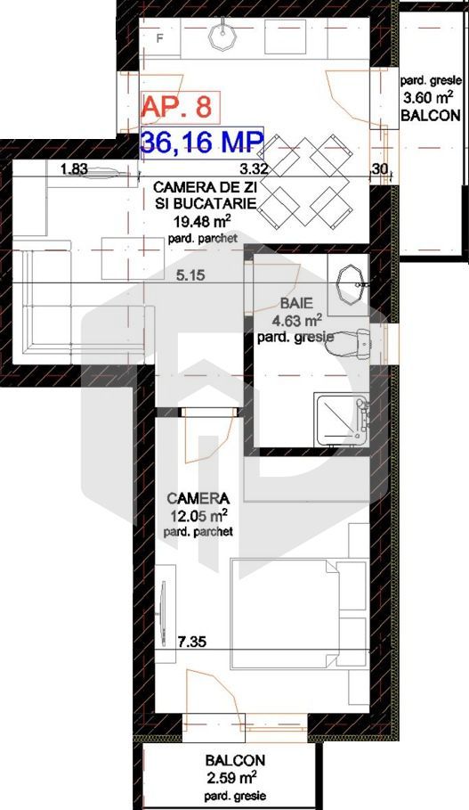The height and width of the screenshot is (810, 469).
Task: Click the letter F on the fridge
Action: [x=160, y=39]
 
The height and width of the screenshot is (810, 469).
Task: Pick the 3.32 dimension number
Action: [x=255, y=168]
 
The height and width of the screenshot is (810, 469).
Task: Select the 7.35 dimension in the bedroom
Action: [x=191, y=640]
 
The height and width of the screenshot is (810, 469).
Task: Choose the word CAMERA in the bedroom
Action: [x=198, y=498]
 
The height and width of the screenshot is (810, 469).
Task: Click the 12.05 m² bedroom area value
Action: [x=198, y=515]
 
